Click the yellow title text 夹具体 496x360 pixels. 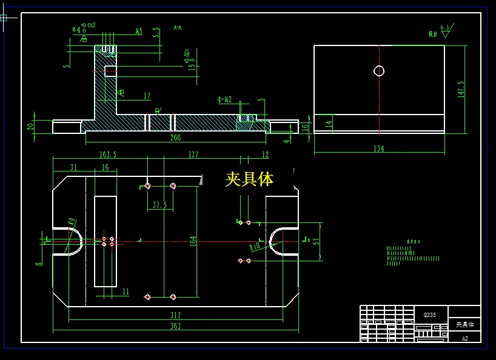click(249, 179)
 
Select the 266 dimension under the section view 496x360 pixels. click(175, 138)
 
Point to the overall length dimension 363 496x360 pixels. click(175, 326)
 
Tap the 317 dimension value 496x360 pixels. click(175, 315)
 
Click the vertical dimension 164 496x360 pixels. click(193, 241)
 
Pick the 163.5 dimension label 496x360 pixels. click(108, 155)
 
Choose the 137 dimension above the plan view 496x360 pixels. click(193, 155)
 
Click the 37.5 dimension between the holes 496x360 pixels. click(160, 205)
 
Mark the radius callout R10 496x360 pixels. click(256, 246)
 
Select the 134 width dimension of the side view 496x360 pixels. click(379, 148)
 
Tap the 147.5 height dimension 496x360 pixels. click(461, 89)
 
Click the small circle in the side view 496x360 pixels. click(379, 71)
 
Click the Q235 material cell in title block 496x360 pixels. click(429, 315)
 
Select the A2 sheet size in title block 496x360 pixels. click(464, 338)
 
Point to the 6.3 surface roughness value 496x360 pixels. click(446, 28)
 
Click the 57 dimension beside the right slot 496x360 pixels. click(315, 241)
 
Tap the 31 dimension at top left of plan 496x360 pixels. click(73, 167)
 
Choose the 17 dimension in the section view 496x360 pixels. click(147, 96)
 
